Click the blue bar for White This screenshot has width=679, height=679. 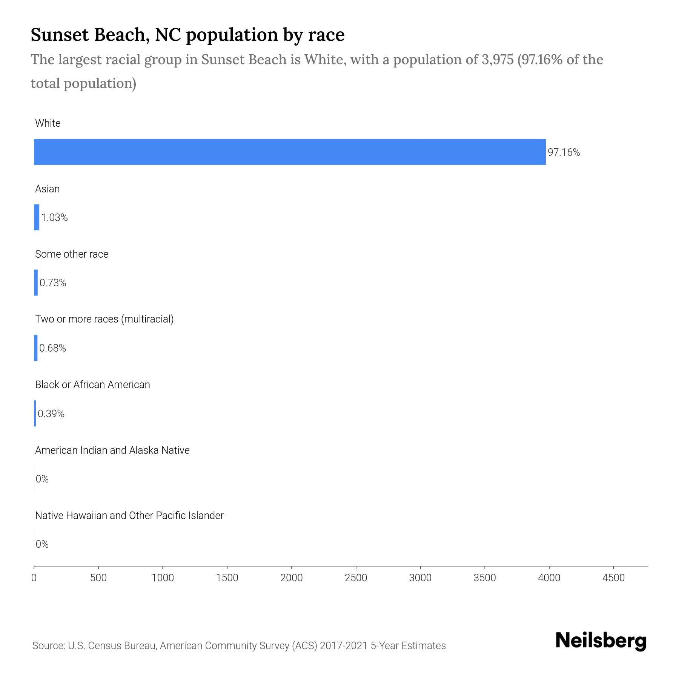click(x=290, y=152)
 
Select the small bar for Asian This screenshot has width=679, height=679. click(x=37, y=217)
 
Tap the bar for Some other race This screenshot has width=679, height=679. click(x=36, y=283)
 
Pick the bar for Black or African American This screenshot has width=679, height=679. click(x=35, y=413)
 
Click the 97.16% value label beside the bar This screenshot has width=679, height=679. click(x=564, y=152)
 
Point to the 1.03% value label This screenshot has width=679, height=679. click(x=54, y=218)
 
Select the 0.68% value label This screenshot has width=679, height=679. click(x=52, y=348)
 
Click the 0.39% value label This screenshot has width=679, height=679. click(x=51, y=414)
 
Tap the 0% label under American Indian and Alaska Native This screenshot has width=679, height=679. click(x=42, y=479)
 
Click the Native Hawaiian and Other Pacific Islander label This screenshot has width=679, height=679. click(x=129, y=515)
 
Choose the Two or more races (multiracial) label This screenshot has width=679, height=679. click(x=104, y=319)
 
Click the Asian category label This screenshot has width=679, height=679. click(x=47, y=189)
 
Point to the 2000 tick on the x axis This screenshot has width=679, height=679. click(x=291, y=578)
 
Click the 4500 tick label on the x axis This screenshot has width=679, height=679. click(x=613, y=578)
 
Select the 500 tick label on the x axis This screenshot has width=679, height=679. click(x=98, y=578)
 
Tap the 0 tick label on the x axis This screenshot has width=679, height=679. click(x=34, y=578)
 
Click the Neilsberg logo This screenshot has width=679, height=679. click(x=601, y=641)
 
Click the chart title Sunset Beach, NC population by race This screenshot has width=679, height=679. click(x=187, y=35)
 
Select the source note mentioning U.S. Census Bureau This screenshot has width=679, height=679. click(x=239, y=646)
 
